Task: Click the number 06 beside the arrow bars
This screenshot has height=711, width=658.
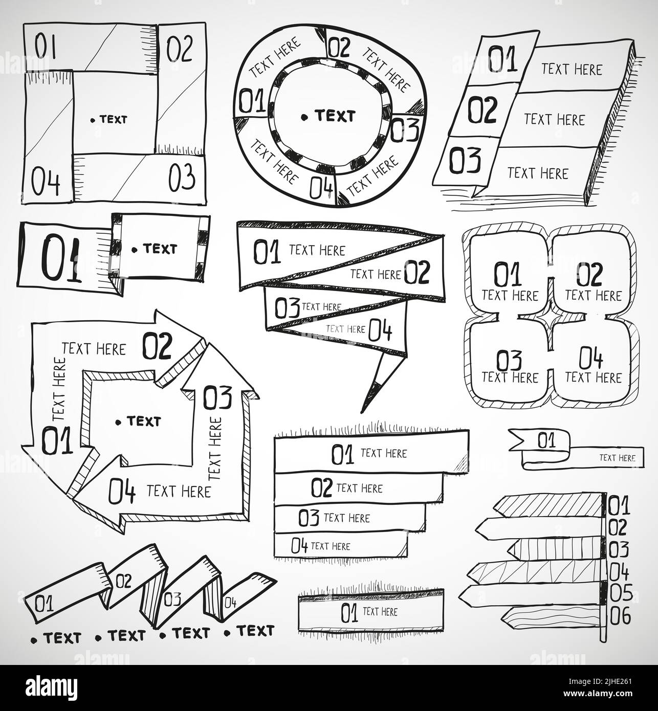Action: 620,616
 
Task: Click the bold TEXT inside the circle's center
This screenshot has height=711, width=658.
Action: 335,116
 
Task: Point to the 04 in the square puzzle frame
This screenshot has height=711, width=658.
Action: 46,182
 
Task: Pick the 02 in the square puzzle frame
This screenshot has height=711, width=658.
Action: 179,48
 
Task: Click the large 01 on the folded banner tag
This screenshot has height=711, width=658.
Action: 61,257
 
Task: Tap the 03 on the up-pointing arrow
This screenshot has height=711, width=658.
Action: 217,397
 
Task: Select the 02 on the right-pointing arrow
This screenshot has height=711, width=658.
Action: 158,346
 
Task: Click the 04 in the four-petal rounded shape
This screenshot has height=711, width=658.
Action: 591,358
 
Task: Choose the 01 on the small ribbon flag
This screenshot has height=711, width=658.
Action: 546,440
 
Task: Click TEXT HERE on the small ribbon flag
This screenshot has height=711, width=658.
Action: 617,458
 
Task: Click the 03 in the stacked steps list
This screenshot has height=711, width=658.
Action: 309,518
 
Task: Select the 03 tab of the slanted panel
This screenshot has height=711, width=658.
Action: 465,161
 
